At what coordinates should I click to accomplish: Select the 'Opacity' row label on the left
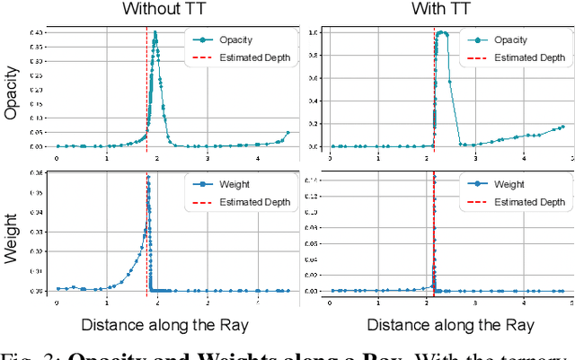(13, 93)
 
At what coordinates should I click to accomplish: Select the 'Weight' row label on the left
(13, 235)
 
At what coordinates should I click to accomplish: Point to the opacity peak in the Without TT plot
(155, 33)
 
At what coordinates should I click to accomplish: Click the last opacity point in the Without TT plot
(288, 133)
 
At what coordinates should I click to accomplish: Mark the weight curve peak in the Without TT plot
(148, 178)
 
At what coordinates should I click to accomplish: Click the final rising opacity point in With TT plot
(562, 127)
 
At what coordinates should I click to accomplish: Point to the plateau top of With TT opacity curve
(441, 33)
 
